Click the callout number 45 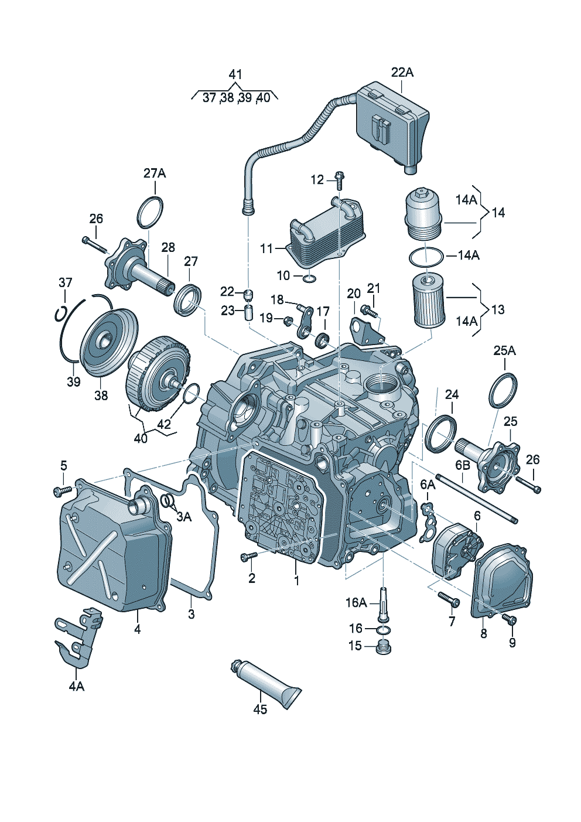pos(260,709)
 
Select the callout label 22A pos(402,72)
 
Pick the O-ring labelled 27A pos(151,213)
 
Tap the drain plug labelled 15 pos(384,647)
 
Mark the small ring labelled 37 pos(60,313)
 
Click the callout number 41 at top pos(235,74)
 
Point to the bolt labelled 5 pos(60,489)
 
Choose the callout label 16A pos(356,602)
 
